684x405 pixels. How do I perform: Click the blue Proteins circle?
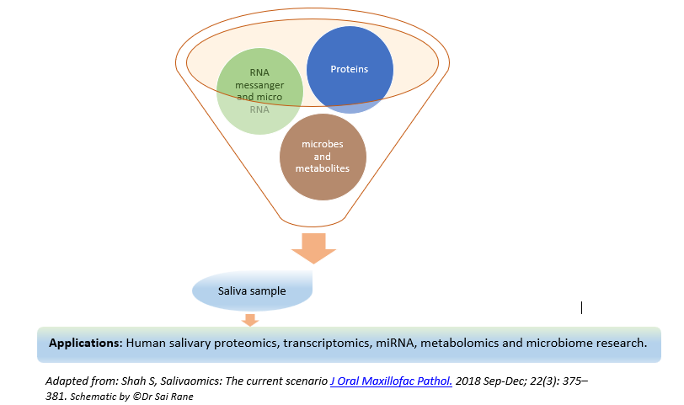[x=349, y=70]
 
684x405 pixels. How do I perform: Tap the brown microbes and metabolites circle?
[x=323, y=156]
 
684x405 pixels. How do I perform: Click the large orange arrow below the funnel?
[x=313, y=248]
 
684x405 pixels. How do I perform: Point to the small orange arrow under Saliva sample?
[x=249, y=319]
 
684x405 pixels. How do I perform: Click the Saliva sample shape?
[x=253, y=291]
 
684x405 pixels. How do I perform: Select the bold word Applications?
[x=85, y=344]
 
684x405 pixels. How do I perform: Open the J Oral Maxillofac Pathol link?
[x=391, y=381]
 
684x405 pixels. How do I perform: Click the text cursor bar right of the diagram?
[x=581, y=308]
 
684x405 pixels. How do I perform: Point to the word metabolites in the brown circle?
[x=323, y=168]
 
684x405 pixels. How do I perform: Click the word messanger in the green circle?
[x=259, y=85]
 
